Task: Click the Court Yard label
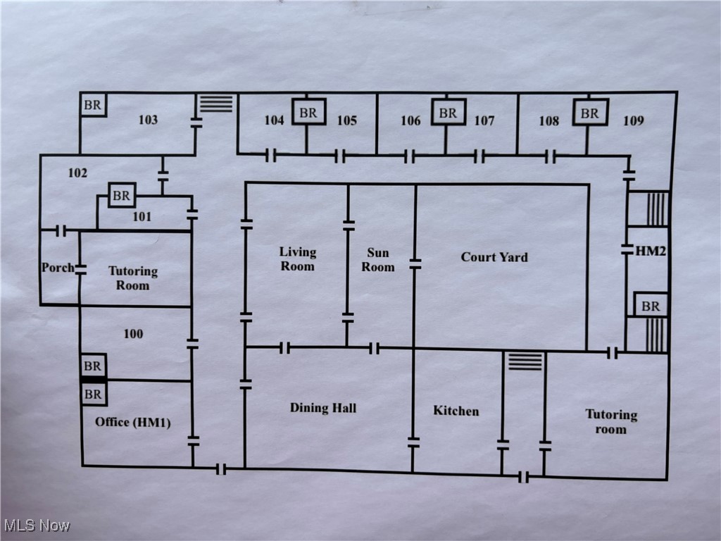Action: (494, 257)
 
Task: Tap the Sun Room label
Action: (378, 260)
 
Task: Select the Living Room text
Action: (297, 259)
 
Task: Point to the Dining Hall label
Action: (323, 408)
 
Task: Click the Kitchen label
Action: (456, 411)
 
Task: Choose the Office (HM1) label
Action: (133, 422)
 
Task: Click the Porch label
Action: (57, 268)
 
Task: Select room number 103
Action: (148, 120)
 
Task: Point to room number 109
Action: (633, 121)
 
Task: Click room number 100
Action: (133, 334)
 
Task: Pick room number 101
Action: (142, 217)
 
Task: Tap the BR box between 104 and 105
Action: (308, 112)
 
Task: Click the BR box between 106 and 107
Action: (449, 112)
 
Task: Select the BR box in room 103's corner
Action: (93, 106)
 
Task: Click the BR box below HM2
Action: (651, 306)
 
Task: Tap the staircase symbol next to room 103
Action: (215, 104)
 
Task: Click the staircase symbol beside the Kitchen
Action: (525, 361)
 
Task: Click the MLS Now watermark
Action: (37, 526)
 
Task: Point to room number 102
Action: (77, 173)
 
